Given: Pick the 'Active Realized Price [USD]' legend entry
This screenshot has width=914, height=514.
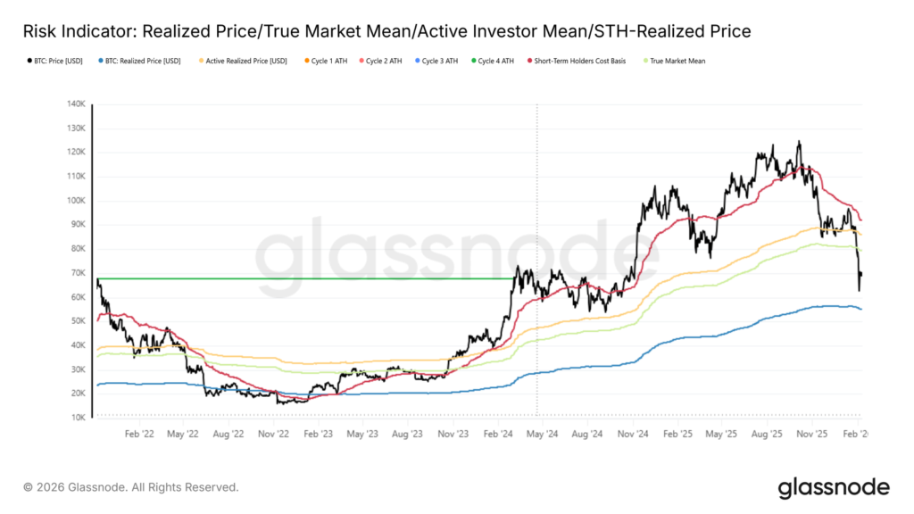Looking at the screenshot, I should [x=245, y=62].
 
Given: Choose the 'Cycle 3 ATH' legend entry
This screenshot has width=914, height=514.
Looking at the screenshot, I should [x=440, y=62].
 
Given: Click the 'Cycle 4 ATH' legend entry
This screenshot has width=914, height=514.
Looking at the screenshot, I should [x=495, y=62].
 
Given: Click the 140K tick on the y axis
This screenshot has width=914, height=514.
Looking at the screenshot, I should [x=76, y=104].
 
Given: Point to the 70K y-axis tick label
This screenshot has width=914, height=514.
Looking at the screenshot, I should [x=78, y=273].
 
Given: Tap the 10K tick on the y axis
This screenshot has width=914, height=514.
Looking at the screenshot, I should [x=78, y=418].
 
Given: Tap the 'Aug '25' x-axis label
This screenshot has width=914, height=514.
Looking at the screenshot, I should [x=768, y=435].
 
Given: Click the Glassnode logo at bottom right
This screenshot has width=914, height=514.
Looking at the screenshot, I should [x=833, y=487].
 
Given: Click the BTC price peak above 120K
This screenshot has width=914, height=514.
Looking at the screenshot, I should [x=798, y=141].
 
